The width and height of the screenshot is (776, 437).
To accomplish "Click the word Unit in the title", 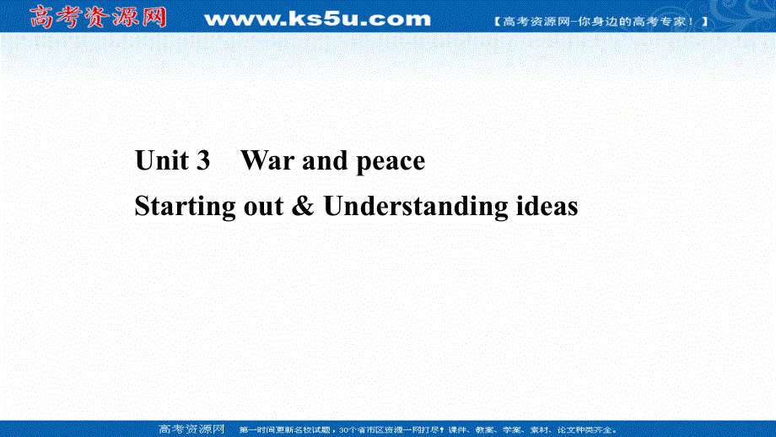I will tap(163, 160).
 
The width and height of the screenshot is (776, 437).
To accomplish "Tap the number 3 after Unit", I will tap(202, 160).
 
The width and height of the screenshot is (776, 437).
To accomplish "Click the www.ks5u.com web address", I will tap(317, 19).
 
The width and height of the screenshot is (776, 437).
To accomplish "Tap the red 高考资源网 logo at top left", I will tap(99, 17).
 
